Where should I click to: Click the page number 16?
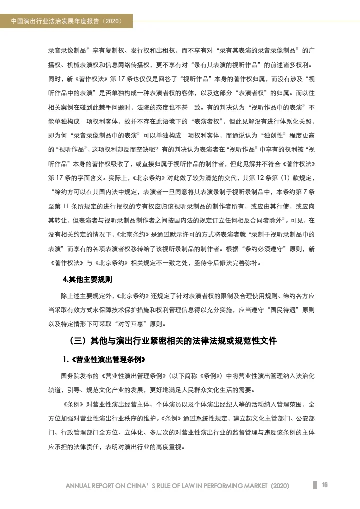pos(324,485)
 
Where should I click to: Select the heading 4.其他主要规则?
pos(87,279)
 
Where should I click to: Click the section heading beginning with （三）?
pos(173,342)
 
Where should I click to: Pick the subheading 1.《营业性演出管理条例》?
pos(104,360)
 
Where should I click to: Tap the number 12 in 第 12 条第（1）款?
pos(253,177)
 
